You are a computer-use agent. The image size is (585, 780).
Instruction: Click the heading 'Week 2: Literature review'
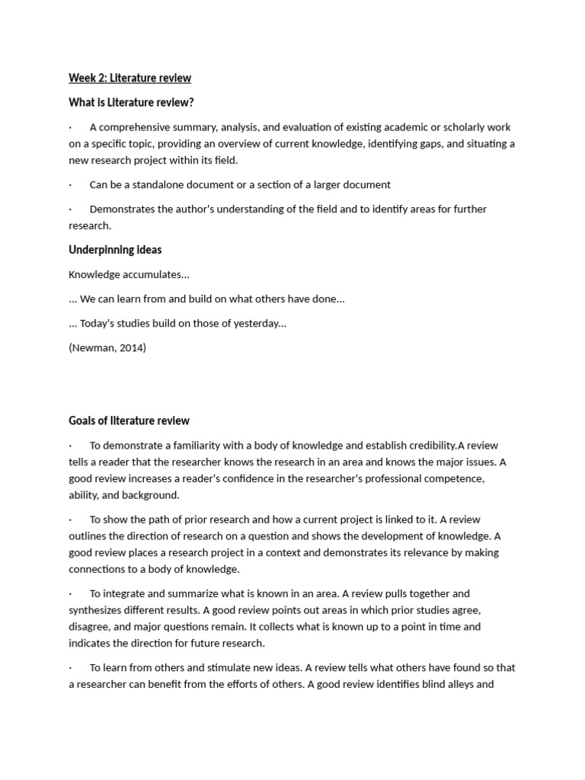coord(129,78)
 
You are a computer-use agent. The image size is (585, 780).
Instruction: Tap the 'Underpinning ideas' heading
coord(115,250)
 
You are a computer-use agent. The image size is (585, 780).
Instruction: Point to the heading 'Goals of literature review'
coord(129,420)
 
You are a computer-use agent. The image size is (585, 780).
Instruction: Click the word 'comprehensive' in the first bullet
coord(136,127)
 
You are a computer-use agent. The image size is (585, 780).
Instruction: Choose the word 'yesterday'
coord(257,323)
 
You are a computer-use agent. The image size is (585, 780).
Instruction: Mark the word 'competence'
coord(452,478)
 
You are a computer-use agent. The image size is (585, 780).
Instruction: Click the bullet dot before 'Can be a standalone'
coord(70,185)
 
